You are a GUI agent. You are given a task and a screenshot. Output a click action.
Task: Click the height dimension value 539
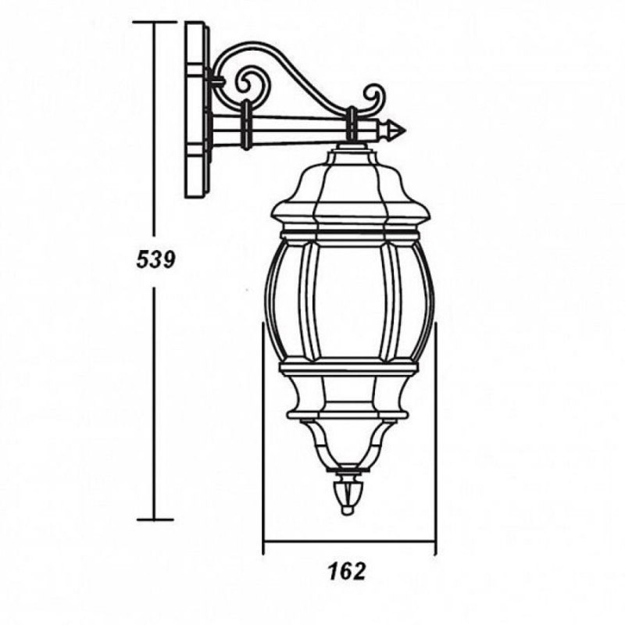(x=155, y=259)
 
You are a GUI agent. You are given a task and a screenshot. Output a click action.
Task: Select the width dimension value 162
(x=346, y=572)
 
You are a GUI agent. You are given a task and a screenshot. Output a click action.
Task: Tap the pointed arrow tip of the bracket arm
(x=405, y=130)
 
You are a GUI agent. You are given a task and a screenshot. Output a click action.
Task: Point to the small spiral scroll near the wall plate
(x=248, y=84)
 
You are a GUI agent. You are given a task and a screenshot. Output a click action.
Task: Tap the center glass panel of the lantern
(x=349, y=302)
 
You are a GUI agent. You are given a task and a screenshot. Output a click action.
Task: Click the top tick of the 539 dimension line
(x=155, y=22)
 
